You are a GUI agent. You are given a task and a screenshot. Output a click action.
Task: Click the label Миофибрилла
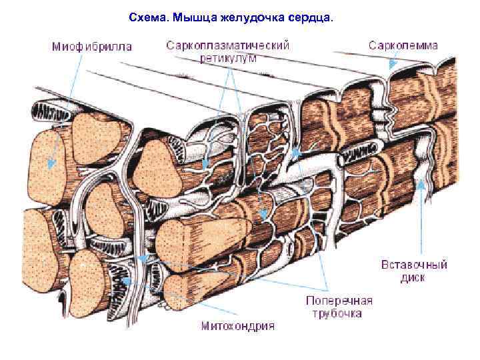[x=92, y=46]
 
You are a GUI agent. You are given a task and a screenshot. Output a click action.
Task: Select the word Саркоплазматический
[x=227, y=45]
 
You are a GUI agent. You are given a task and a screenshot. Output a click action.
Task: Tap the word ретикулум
[x=228, y=57]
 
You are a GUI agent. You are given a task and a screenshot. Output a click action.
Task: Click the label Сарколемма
[x=403, y=45]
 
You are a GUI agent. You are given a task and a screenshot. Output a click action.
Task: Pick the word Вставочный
[x=413, y=264]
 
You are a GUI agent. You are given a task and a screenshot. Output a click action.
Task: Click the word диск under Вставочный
[x=413, y=277]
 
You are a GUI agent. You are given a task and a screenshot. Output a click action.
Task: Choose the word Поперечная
[x=339, y=300]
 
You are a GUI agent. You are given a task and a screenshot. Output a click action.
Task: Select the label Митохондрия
[x=237, y=326]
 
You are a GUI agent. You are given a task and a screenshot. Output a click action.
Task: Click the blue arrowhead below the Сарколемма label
[x=393, y=64]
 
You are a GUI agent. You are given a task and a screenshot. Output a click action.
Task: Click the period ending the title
[x=329, y=21]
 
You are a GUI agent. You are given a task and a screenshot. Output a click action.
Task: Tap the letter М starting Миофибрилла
[x=57, y=46]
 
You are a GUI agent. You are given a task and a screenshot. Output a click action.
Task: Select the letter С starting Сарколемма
[x=372, y=45]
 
